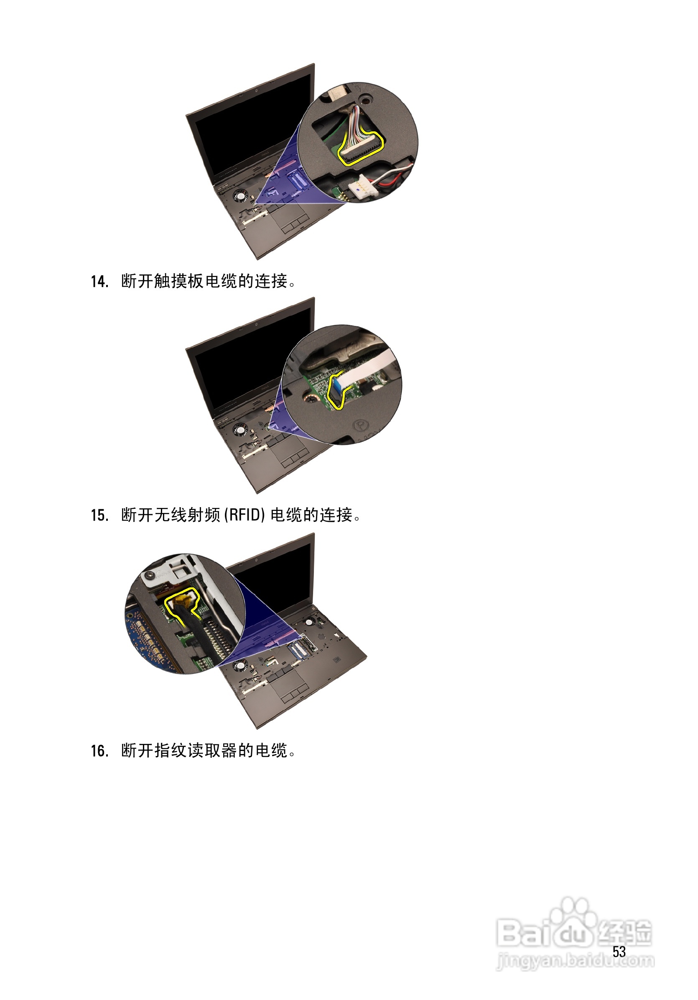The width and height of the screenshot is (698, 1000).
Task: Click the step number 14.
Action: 99,282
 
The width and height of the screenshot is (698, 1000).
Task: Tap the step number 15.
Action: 99,515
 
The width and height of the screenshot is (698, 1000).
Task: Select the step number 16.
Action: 99,751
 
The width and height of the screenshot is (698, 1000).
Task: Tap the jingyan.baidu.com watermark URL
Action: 575,960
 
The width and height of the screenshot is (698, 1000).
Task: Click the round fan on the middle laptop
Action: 239,430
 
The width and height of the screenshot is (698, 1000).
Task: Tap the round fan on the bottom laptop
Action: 239,665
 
